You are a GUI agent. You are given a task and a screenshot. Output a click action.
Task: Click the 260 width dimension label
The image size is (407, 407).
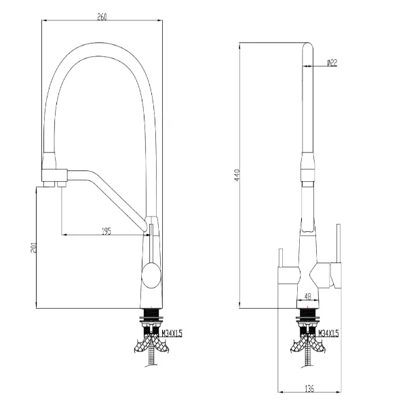pyautogui.click(x=102, y=17)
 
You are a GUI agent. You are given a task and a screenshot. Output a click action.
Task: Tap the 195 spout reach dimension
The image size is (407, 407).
pyautogui.click(x=106, y=231)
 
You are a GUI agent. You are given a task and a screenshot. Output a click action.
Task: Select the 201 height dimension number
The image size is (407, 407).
pyautogui.click(x=33, y=248)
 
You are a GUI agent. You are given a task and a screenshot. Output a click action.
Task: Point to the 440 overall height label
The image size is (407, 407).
pyautogui.click(x=237, y=175)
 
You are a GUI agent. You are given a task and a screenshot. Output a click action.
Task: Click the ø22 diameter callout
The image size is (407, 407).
pyautogui.click(x=332, y=62)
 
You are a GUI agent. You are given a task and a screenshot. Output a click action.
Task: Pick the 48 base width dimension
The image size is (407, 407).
pyautogui.click(x=308, y=296)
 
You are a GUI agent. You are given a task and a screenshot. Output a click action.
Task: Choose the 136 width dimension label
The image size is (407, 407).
pyautogui.click(x=309, y=388)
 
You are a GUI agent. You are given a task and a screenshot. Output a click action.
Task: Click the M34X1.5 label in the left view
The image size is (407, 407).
pyautogui.click(x=172, y=333)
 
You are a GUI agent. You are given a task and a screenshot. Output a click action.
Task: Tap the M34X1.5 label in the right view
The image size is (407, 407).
pyautogui.click(x=328, y=333)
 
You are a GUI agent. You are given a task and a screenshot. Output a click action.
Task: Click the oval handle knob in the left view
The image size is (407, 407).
pyautogui.click(x=151, y=275)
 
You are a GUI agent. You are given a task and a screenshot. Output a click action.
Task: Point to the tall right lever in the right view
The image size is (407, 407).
pyautogui.click(x=338, y=244)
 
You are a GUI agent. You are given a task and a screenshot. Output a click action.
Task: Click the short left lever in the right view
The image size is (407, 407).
pyautogui.click(x=281, y=258)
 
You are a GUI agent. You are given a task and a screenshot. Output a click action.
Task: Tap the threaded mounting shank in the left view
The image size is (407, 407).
pyautogui.click(x=151, y=322)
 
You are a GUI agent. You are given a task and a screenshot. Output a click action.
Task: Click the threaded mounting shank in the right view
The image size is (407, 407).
pyautogui.click(x=307, y=322)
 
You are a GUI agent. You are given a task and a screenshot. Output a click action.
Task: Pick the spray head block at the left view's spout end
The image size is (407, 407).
pyautogui.click(x=55, y=176)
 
